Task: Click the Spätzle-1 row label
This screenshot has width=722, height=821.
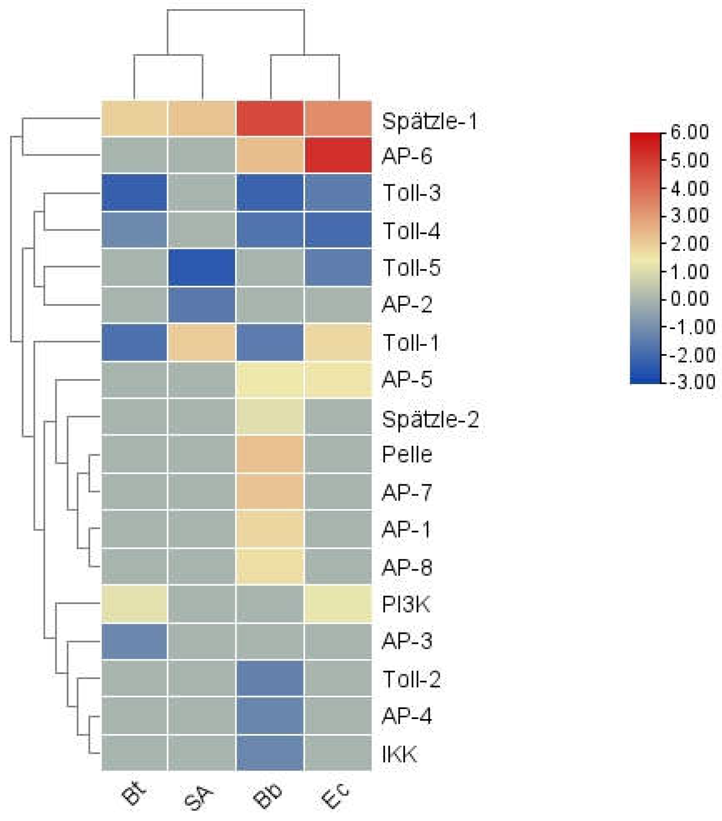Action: (x=429, y=121)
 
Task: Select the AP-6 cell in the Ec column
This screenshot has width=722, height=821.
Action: (x=338, y=155)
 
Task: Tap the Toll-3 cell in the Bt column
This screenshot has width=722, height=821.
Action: (x=134, y=192)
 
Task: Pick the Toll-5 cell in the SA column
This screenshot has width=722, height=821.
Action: (x=202, y=267)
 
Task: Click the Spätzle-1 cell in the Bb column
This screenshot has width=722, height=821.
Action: (x=270, y=118)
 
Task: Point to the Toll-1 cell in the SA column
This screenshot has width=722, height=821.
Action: (x=202, y=342)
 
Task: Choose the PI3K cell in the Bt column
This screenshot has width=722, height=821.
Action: (x=134, y=604)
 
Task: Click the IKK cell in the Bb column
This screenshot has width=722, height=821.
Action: (x=270, y=753)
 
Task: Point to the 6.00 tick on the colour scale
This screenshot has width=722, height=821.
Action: (x=690, y=132)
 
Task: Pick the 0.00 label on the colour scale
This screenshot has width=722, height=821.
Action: (x=690, y=298)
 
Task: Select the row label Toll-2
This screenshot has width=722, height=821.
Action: (x=411, y=679)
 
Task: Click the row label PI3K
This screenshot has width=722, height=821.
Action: (x=406, y=604)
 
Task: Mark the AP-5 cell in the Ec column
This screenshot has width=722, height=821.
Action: (x=338, y=379)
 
